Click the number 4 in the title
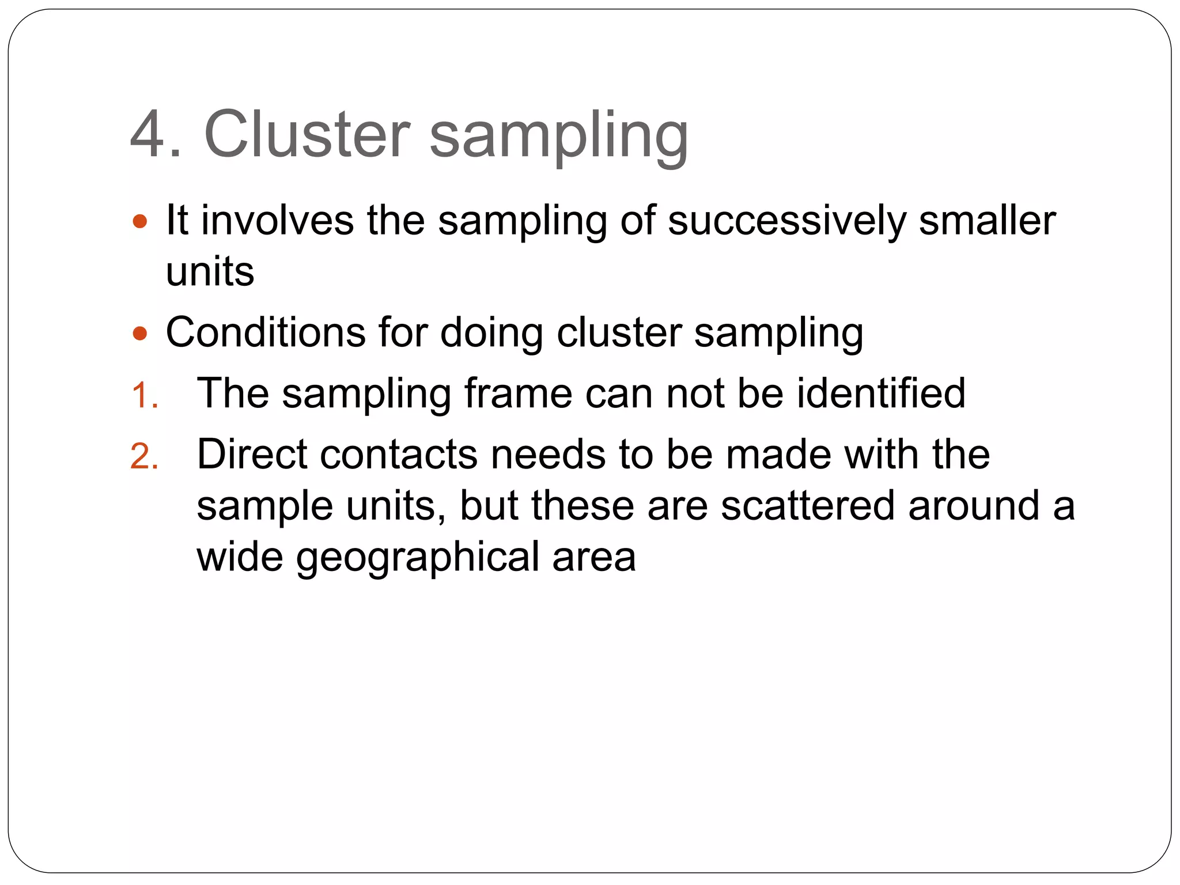pyautogui.click(x=151, y=135)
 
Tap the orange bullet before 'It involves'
pyautogui.click(x=140, y=221)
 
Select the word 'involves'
pyautogui.click(x=277, y=221)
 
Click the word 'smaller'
pyautogui.click(x=987, y=221)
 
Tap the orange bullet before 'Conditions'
pyautogui.click(x=140, y=334)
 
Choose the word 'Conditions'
pyautogui.click(x=266, y=333)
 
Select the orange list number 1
pyautogui.click(x=144, y=396)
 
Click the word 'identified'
pyautogui.click(x=881, y=394)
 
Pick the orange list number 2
pyautogui.click(x=144, y=457)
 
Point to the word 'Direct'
pyautogui.click(x=252, y=455)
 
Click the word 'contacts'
pyautogui.click(x=399, y=455)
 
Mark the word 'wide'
pyautogui.click(x=240, y=557)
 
